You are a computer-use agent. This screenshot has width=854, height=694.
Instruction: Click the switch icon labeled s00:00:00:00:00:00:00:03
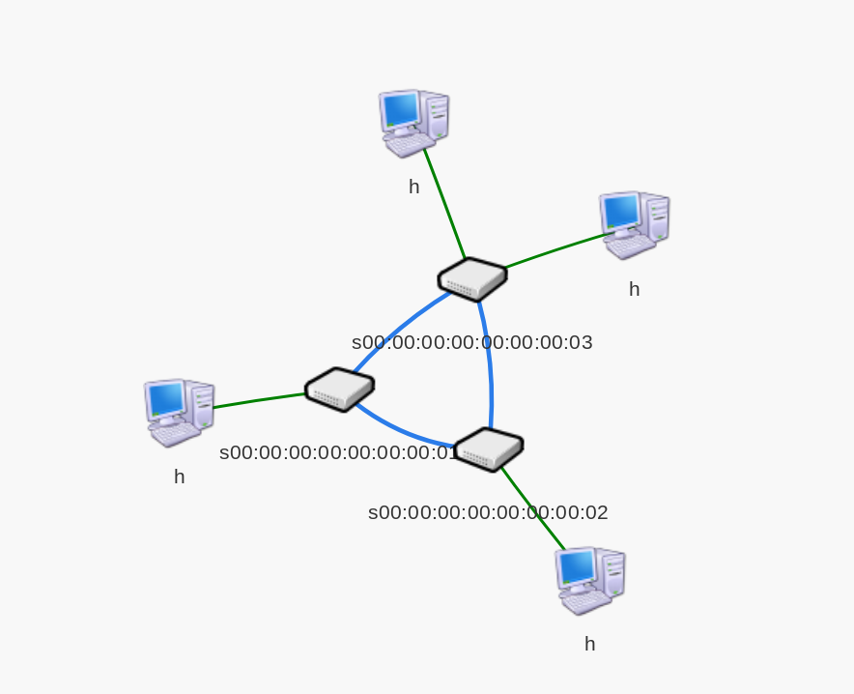[472, 279]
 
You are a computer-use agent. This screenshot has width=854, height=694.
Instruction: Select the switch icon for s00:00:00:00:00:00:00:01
[339, 390]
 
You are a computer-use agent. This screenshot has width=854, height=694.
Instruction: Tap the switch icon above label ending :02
[488, 449]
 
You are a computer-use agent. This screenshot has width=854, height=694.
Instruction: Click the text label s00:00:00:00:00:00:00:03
[471, 342]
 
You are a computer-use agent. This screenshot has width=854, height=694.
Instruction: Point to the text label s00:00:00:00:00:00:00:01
[338, 452]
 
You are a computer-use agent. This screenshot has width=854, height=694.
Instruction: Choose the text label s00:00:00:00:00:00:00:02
[488, 512]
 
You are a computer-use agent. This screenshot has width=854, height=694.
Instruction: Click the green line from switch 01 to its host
[259, 401]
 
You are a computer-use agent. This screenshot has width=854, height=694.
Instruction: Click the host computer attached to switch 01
[179, 412]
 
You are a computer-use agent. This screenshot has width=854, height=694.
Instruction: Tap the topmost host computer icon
[413, 123]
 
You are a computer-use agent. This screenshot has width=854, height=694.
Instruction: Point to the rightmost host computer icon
[634, 224]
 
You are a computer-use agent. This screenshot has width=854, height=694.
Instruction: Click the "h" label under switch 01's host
[179, 477]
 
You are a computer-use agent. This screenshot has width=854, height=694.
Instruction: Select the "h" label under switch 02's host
[589, 644]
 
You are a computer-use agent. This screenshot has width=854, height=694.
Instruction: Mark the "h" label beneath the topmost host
[413, 187]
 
